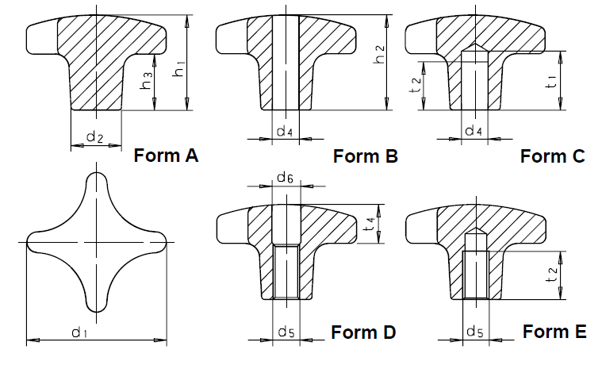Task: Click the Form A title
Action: tap(166, 156)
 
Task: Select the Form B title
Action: tap(365, 156)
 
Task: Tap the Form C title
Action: tap(553, 156)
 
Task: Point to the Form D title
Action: tap(363, 332)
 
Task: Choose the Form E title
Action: tap(554, 331)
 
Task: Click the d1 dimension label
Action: tap(79, 332)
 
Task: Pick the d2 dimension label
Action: tap(95, 136)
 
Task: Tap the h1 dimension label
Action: tap(178, 67)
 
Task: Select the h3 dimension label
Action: tap(146, 81)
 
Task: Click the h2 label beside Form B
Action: tap(379, 54)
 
